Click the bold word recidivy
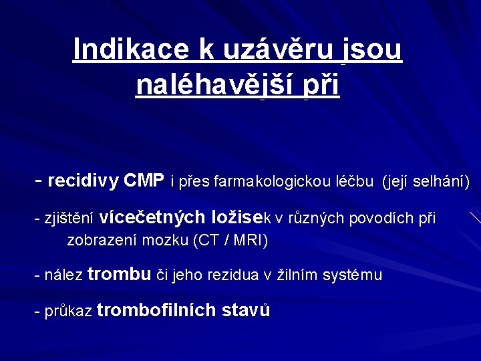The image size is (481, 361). [84, 180]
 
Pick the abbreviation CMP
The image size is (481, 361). [144, 180]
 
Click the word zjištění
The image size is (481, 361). [69, 219]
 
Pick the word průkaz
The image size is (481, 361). [68, 312]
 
